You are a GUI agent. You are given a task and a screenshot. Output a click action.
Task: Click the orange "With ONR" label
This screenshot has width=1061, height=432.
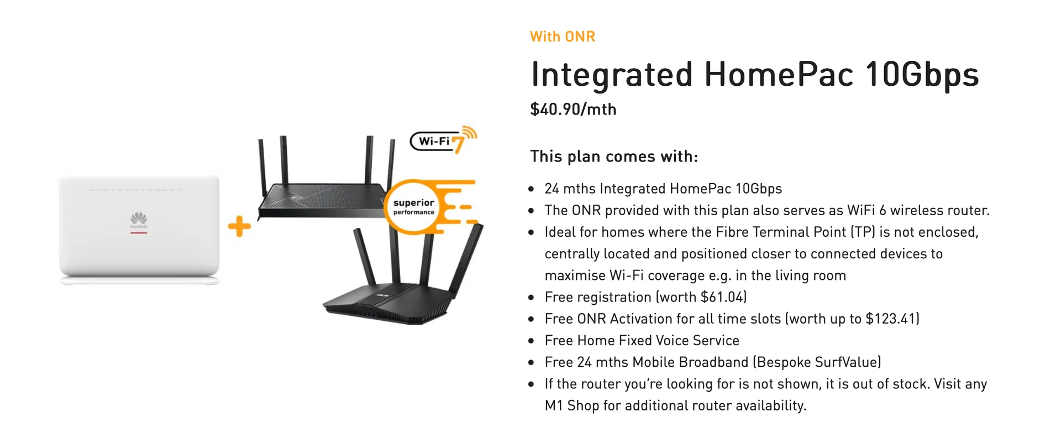562,37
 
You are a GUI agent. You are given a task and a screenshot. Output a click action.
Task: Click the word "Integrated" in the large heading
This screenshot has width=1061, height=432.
612,74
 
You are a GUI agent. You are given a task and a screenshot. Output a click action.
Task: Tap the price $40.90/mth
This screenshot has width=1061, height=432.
573,110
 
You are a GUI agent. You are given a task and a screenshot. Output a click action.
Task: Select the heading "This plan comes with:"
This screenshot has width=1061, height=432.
614,157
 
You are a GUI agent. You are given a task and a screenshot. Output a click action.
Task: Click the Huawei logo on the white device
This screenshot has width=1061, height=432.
139,219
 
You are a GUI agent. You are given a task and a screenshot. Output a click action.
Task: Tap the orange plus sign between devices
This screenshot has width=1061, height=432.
239,226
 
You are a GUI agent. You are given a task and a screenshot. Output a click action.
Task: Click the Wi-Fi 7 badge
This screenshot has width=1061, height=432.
442,141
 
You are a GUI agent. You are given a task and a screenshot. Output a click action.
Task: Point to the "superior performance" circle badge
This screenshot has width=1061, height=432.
413,207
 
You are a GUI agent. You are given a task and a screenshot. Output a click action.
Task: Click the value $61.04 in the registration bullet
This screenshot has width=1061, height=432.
723,297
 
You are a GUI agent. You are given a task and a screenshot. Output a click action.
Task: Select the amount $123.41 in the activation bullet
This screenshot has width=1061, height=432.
891,319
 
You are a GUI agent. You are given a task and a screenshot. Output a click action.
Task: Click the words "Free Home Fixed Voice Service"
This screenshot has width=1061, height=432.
642,340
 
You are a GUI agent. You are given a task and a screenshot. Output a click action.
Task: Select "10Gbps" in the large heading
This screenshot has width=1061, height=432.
922,74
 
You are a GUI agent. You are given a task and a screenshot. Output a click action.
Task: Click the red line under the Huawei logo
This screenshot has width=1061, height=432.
139,233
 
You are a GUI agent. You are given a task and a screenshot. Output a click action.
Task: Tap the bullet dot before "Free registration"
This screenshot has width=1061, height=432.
531,298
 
